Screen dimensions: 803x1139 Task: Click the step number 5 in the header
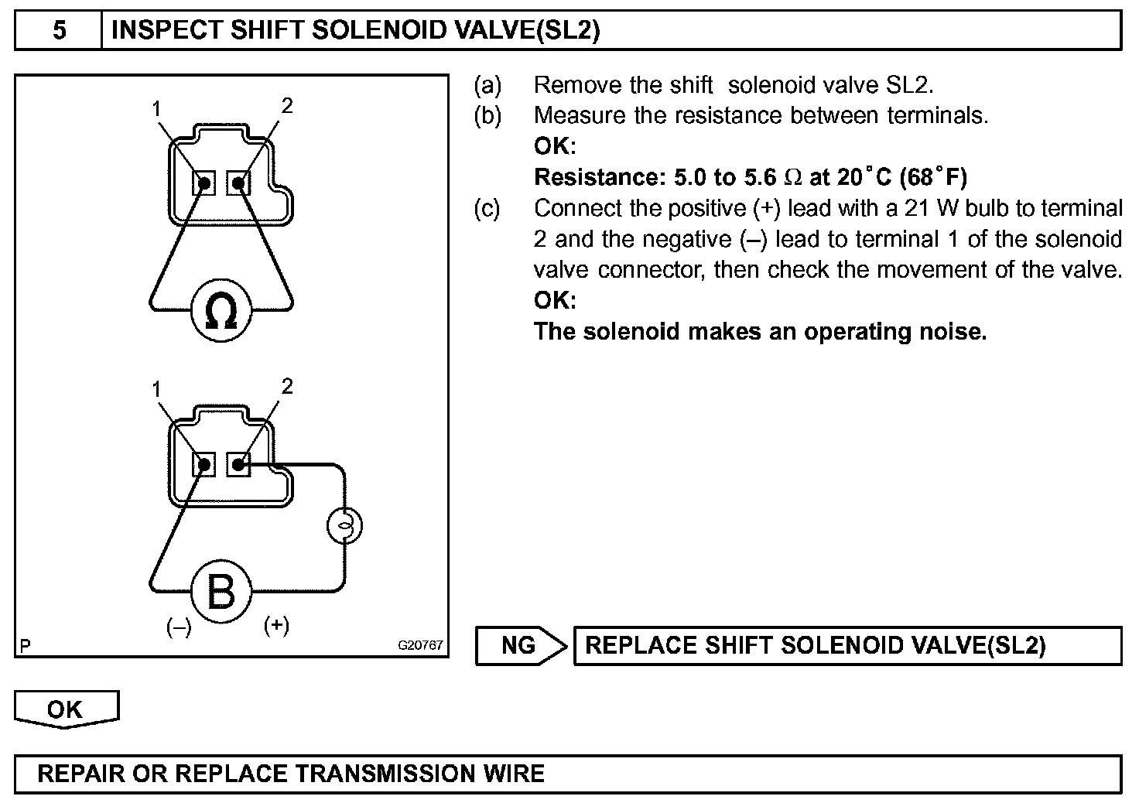point(59,30)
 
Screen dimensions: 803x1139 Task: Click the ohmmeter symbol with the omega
point(222,311)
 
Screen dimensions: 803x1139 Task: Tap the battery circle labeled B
point(221,592)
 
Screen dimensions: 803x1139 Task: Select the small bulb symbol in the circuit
point(345,525)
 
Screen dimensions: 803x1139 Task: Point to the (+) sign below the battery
point(276,625)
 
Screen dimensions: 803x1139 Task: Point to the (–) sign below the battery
point(179,627)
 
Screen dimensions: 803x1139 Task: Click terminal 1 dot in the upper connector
point(204,183)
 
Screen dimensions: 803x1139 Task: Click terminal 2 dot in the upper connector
point(238,183)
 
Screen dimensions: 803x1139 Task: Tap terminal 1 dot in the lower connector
point(204,465)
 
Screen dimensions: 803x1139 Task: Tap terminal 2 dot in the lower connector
point(238,465)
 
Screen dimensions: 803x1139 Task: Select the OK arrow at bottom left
point(66,709)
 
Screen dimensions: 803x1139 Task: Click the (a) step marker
point(487,84)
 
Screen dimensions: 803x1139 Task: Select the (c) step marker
point(487,208)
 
